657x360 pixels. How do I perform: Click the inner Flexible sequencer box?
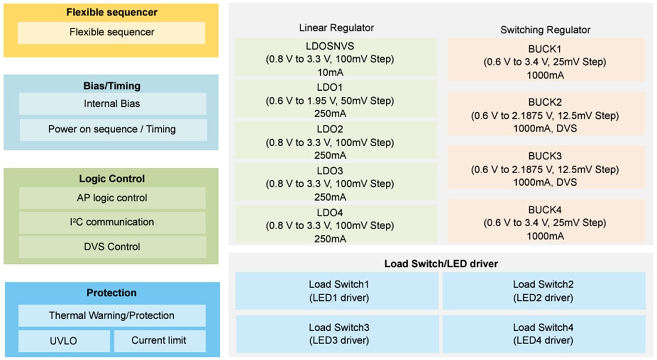[111, 32]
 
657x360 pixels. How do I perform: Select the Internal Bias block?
[112, 104]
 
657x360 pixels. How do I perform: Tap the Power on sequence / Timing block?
[112, 129]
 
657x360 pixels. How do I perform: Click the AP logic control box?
[112, 198]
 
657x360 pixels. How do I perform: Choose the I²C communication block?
[112, 222]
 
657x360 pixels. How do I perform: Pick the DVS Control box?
[112, 247]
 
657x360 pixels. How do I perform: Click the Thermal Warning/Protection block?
[112, 315]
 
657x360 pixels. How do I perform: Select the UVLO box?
[64, 340]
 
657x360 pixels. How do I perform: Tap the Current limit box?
[159, 340]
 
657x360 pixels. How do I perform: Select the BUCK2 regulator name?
[545, 102]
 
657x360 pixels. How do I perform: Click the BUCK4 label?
[545, 210]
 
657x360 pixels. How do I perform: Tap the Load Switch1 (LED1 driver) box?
[339, 291]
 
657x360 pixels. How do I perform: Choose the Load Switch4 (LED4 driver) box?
[543, 334]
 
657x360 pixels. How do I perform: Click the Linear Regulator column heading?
[336, 27]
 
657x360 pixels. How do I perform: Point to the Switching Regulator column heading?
[545, 29]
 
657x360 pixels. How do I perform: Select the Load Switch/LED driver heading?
[441, 263]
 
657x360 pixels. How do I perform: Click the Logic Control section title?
[112, 179]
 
